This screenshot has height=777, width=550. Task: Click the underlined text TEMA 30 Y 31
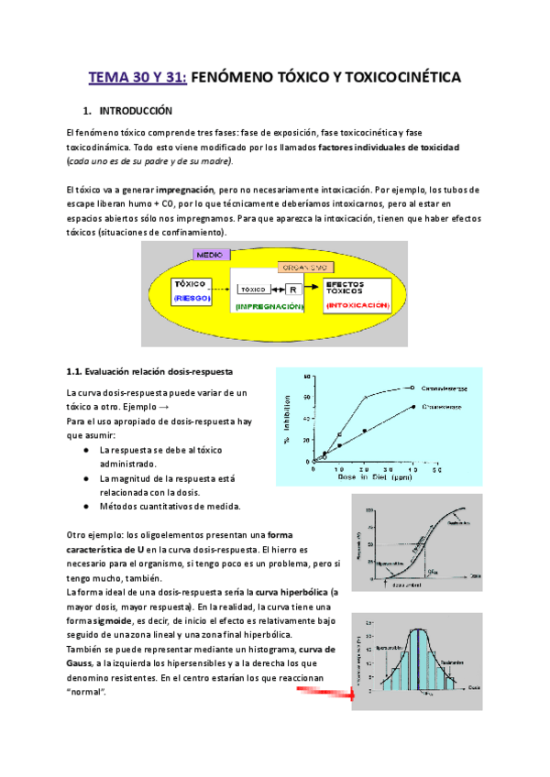pos(137,78)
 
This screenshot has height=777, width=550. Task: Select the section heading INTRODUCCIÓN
pos(136,111)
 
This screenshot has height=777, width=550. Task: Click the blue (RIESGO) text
pos(192,298)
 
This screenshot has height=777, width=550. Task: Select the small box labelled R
pos(291,289)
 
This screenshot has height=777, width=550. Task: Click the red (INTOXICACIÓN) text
pos(356,304)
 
